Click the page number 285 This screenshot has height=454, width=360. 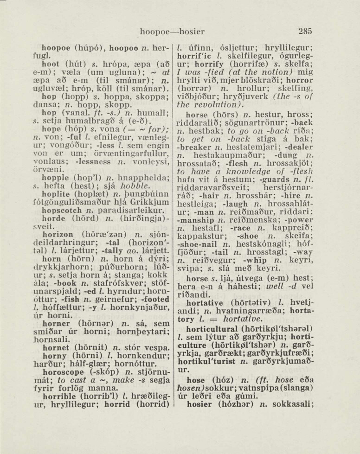pos(305,32)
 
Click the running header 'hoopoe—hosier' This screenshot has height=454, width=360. pos(172,32)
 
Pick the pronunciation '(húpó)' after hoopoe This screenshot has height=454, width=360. pos(87,48)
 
